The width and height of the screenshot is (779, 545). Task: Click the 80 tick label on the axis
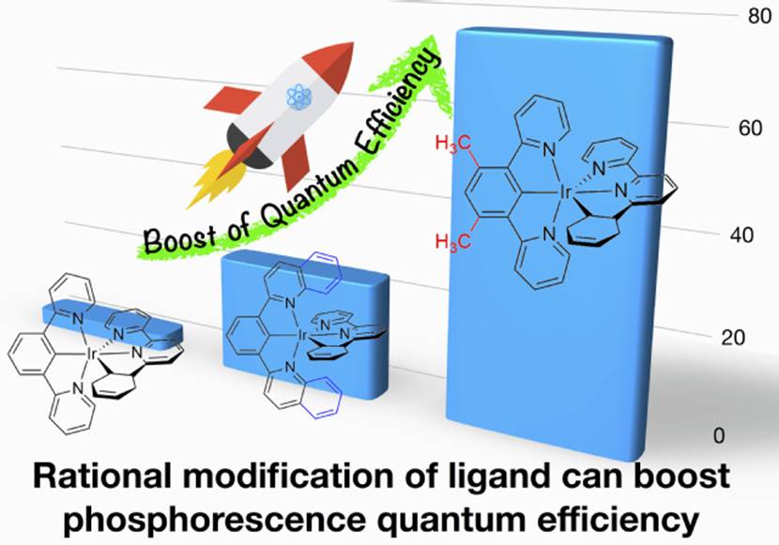click(x=747, y=18)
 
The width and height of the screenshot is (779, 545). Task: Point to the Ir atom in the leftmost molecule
click(x=91, y=354)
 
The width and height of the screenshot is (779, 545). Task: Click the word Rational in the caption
click(x=100, y=478)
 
